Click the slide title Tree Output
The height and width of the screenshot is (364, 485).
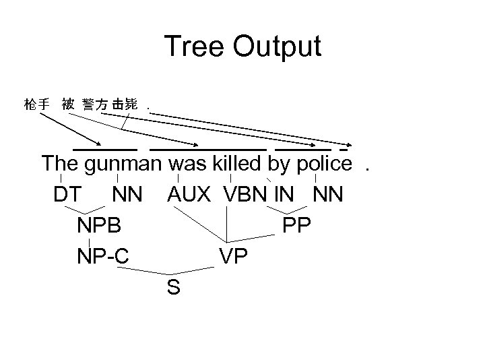[x=243, y=47]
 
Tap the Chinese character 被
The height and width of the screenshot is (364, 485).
[x=67, y=104]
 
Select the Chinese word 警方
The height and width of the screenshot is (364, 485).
[x=95, y=104]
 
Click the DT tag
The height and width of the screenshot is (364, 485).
[x=68, y=195]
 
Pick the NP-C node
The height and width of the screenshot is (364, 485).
[x=103, y=256]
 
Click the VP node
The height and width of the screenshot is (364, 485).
[x=232, y=256]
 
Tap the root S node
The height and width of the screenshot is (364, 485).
[x=173, y=288]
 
